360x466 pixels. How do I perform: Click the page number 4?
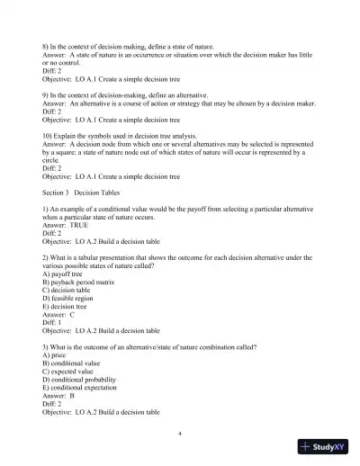point(180,433)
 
